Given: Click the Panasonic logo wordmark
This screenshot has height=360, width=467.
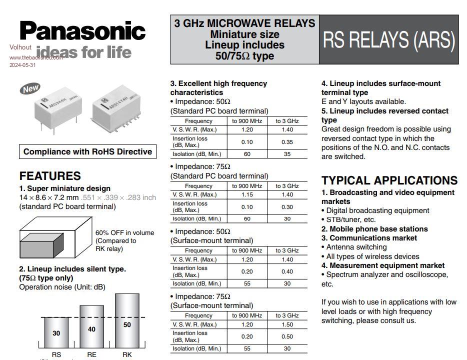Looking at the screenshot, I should (82, 31).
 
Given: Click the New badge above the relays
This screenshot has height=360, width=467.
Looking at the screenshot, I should (30, 89).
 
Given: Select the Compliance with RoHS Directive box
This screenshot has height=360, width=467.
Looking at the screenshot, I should (87, 151).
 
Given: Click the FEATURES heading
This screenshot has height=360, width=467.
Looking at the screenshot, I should (50, 176).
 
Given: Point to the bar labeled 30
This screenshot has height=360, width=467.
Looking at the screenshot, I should (56, 332).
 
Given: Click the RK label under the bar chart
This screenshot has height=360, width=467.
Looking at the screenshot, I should (127, 354).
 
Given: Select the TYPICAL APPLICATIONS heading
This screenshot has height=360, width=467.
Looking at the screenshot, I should (389, 180).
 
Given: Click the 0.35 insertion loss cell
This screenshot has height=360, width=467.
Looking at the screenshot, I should (287, 141).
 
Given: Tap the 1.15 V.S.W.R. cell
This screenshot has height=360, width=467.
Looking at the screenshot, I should (247, 194).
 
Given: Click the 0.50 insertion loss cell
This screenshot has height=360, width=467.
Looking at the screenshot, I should (287, 336).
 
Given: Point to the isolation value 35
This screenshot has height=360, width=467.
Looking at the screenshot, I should (287, 154).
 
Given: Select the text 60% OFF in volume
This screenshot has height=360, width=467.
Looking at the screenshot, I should (124, 232).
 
